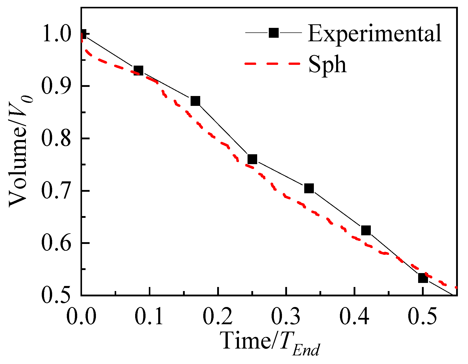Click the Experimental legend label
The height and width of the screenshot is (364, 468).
pyautogui.click(x=374, y=33)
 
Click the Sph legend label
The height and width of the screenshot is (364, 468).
pyautogui.click(x=327, y=64)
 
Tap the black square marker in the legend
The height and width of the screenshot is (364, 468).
pyautogui.click(x=274, y=33)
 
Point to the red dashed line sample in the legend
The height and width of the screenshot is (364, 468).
pyautogui.click(x=273, y=64)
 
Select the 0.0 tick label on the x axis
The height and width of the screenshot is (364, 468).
pyautogui.click(x=81, y=317)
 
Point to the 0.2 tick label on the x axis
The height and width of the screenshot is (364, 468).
pyautogui.click(x=218, y=317)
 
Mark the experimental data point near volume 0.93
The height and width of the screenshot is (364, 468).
pyautogui.click(x=138, y=70)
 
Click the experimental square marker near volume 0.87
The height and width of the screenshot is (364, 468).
pyautogui.click(x=195, y=101)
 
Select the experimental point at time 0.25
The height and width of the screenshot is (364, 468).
pyautogui.click(x=252, y=159)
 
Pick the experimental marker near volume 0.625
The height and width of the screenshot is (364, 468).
pyautogui.click(x=366, y=230)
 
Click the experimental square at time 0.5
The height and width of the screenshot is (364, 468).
pyautogui.click(x=423, y=278)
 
